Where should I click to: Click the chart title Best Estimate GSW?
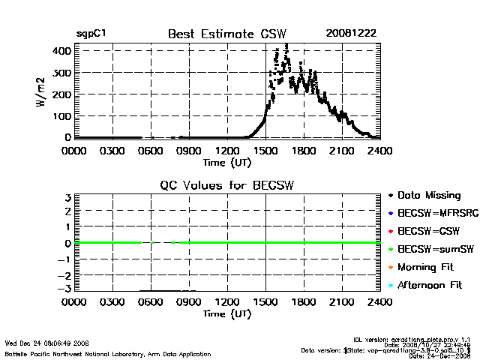click(x=227, y=34)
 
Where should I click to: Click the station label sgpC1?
click(x=90, y=34)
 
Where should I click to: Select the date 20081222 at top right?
click(x=351, y=34)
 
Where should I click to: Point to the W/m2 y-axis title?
click(x=43, y=94)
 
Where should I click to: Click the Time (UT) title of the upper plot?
click(x=227, y=162)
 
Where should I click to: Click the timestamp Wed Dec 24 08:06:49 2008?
click(x=47, y=343)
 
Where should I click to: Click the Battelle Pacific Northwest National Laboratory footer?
click(x=108, y=353)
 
